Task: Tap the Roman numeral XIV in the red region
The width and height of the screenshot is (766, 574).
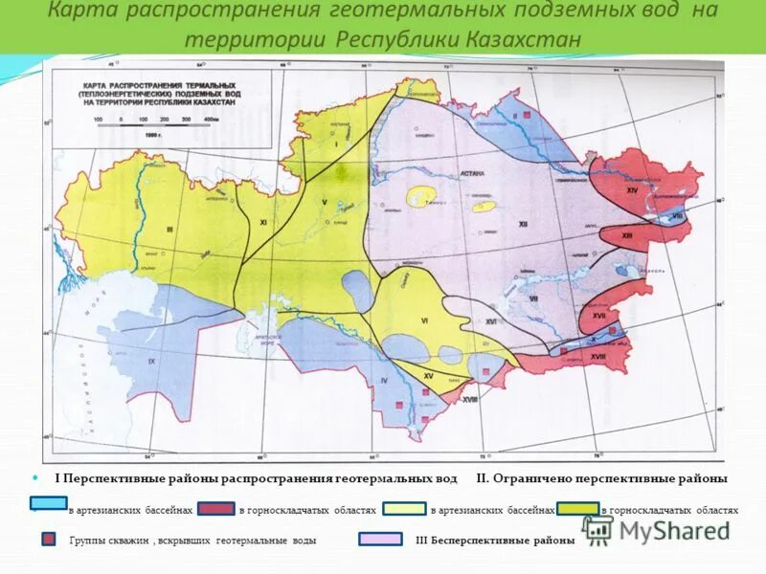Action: click(632, 190)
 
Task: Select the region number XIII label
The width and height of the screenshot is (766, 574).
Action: click(627, 235)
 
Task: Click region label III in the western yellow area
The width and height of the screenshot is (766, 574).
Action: click(169, 230)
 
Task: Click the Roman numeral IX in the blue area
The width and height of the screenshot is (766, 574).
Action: click(152, 361)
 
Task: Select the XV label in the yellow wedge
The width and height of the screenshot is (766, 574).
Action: click(428, 376)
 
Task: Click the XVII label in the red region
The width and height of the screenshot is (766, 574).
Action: click(598, 315)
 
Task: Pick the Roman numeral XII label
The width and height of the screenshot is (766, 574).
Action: click(523, 223)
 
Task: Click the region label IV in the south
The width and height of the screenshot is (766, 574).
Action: click(383, 382)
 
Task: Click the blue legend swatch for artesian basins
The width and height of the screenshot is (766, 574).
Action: click(48, 503)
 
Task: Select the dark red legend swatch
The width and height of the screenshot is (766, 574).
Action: click(215, 510)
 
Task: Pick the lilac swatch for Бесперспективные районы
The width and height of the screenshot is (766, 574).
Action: click(380, 540)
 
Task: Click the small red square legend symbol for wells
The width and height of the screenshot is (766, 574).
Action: click(48, 540)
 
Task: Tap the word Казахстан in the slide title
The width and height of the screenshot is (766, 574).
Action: click(525, 40)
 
